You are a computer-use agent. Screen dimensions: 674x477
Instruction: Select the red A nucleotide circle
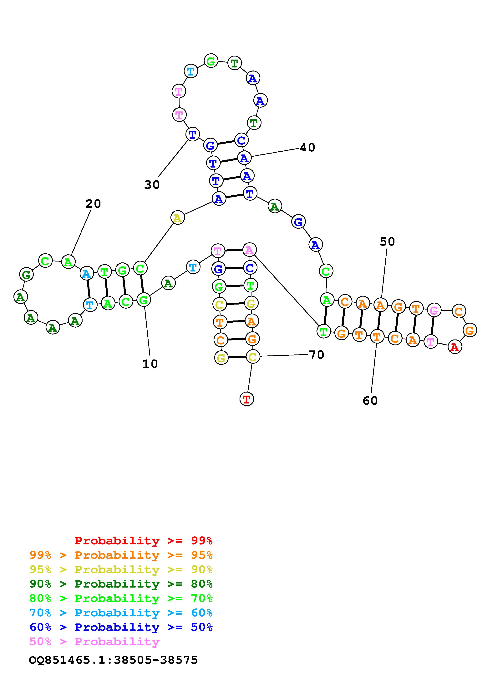pos(455,347)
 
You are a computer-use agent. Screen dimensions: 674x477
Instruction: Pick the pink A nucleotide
pos(249,250)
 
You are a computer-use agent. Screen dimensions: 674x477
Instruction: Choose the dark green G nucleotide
pos(26,275)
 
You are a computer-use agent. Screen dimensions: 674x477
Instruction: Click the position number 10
pos(150,364)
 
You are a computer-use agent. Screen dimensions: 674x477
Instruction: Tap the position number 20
pos(93,204)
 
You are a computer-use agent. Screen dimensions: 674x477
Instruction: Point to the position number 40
pos(307,147)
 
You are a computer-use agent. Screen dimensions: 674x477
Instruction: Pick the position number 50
pos(387,242)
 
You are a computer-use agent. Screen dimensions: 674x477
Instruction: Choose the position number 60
pos(370,400)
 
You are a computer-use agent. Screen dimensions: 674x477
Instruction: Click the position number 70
pos(317,355)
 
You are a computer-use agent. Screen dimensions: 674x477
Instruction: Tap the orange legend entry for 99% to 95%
pos(121,555)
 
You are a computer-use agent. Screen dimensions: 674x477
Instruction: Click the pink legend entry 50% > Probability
pos(94,641)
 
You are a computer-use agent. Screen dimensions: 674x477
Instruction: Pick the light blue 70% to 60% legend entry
pos(121,613)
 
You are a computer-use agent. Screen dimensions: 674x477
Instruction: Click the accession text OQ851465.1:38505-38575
pos(114,660)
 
